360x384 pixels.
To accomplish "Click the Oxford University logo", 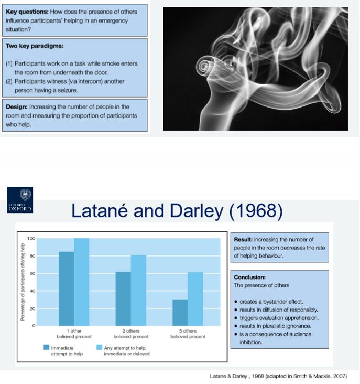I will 20,199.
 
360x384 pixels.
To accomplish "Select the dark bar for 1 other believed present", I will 66,289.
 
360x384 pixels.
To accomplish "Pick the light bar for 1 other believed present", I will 81,282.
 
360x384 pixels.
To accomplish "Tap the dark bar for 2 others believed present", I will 123,298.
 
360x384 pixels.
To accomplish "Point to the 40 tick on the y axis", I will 32,291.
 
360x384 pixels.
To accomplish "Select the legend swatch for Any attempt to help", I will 100,347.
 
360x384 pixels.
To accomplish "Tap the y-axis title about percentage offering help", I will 23,283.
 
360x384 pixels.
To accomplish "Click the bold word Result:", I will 243,240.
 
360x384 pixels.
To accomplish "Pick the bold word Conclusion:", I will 249,277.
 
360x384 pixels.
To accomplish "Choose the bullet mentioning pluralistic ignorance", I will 275,326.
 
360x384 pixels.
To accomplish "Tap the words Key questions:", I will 26,12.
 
